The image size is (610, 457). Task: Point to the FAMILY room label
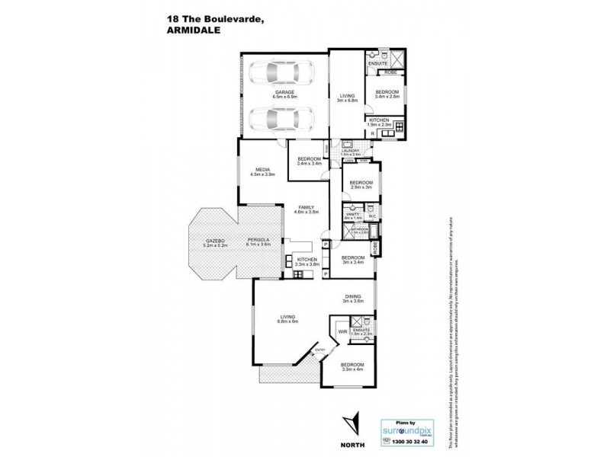[307, 209]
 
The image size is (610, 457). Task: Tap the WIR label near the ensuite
[342, 332]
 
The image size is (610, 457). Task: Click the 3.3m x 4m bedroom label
[353, 367]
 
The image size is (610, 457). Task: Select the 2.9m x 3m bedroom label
[360, 185]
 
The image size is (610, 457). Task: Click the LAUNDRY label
[350, 152]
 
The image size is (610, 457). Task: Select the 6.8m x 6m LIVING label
[288, 320]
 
